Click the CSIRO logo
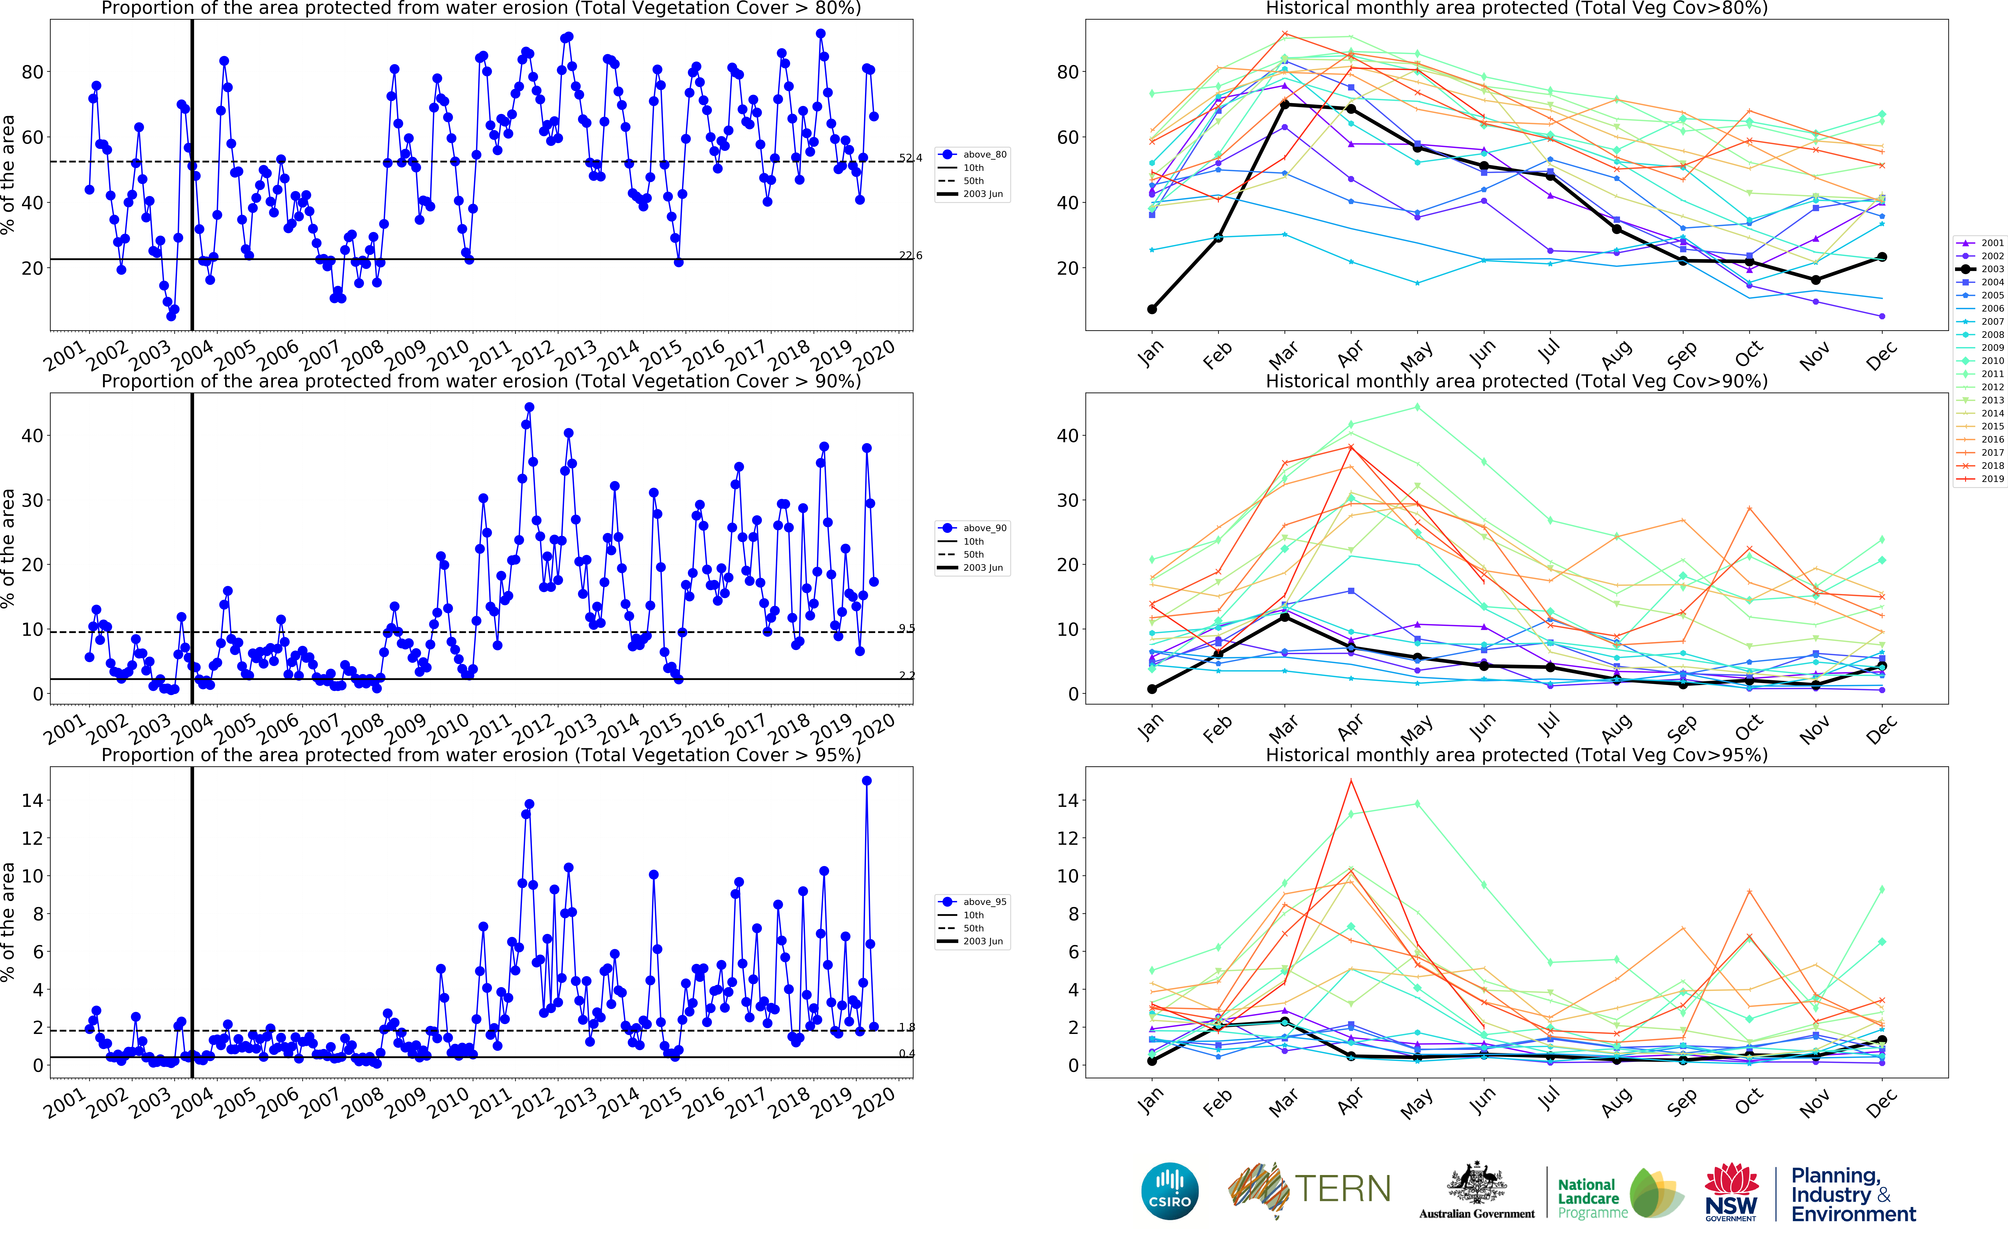[1169, 1191]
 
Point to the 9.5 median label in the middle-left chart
[907, 629]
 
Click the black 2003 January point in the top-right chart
[1152, 309]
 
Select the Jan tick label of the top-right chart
[1150, 354]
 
